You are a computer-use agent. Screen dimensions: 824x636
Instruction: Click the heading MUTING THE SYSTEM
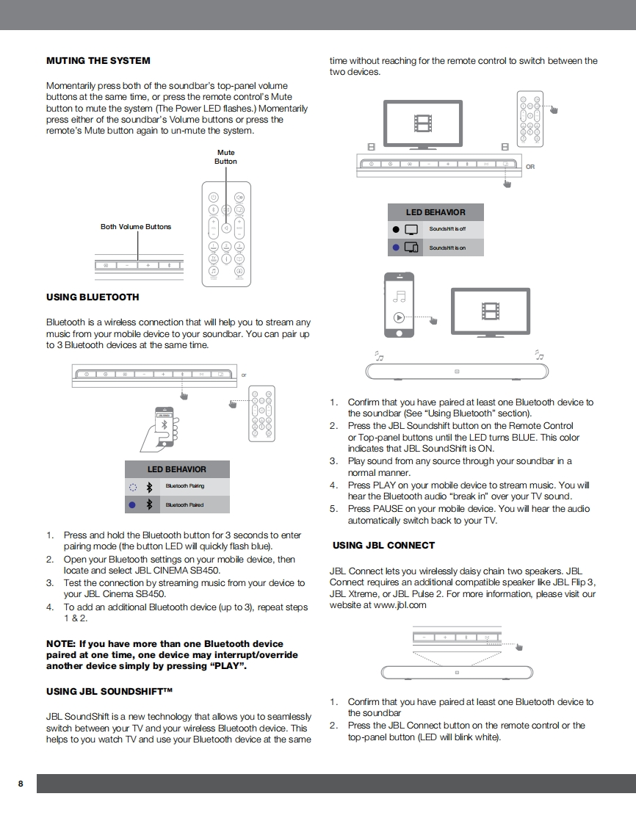click(98, 61)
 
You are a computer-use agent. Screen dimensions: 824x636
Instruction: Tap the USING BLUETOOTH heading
click(93, 297)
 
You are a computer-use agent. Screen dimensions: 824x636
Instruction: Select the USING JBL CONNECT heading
click(383, 546)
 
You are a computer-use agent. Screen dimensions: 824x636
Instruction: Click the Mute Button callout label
click(225, 157)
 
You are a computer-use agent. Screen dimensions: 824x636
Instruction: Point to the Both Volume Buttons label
click(136, 227)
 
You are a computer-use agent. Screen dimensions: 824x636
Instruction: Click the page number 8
click(21, 784)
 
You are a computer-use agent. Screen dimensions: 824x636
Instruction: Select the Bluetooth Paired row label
click(184, 505)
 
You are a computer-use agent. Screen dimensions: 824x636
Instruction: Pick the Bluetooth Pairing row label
click(185, 486)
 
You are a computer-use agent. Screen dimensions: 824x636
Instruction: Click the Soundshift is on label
click(447, 248)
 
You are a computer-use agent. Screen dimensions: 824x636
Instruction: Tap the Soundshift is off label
click(447, 229)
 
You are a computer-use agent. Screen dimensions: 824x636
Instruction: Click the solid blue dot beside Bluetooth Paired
click(132, 505)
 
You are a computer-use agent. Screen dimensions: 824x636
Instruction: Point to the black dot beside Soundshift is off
click(396, 229)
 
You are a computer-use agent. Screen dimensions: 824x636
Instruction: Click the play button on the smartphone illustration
click(398, 318)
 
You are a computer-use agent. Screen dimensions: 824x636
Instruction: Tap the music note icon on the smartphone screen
click(399, 296)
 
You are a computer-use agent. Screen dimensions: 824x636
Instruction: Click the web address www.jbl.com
click(400, 605)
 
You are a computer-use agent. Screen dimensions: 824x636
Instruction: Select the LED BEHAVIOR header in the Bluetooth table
click(177, 469)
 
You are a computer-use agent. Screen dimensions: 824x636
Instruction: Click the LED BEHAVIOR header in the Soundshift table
click(436, 212)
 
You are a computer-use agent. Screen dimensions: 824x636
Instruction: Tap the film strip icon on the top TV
click(424, 123)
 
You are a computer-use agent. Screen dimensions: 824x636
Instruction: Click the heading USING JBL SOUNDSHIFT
click(109, 692)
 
